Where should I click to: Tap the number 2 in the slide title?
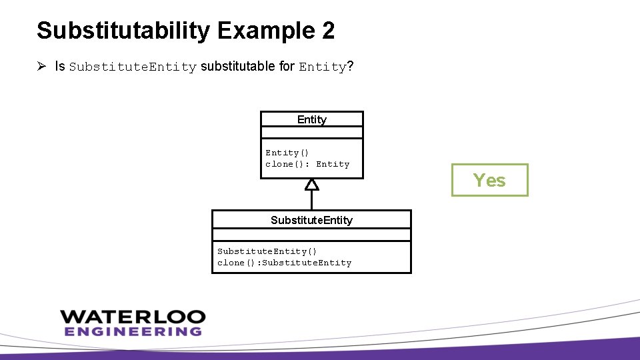tap(327, 31)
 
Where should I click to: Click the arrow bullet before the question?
tap(41, 67)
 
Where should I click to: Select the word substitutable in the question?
tap(247, 67)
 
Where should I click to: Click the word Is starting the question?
tap(60, 67)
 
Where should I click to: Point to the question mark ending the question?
tap(350, 67)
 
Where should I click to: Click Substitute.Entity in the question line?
tap(133, 67)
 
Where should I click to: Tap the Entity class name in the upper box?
tap(311, 119)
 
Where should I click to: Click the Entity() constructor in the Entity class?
tap(287, 153)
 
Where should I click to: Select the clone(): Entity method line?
tap(307, 164)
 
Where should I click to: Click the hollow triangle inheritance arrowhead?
tap(311, 184)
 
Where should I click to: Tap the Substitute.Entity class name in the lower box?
tap(311, 220)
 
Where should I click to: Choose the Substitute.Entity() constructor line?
tap(267, 251)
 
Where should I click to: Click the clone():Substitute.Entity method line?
tap(284, 263)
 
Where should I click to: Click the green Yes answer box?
tap(489, 180)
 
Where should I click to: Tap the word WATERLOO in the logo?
tap(132, 317)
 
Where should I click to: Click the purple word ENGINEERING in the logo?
tap(132, 331)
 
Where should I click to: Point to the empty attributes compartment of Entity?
tap(311, 133)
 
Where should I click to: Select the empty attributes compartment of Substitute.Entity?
tap(311, 235)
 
